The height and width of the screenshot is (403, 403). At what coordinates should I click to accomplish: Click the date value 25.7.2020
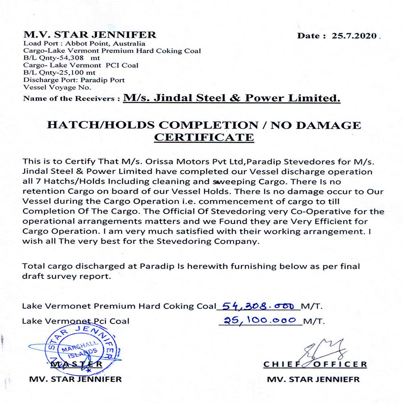pyautogui.click(x=354, y=35)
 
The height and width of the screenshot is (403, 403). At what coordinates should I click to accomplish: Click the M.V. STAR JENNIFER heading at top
pyautogui.click(x=90, y=35)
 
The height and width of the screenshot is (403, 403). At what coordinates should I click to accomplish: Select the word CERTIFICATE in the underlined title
pyautogui.click(x=204, y=137)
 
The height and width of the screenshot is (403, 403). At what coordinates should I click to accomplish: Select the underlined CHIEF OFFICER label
pyautogui.click(x=315, y=364)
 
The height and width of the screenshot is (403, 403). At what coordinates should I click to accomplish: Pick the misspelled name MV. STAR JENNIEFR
pyautogui.click(x=313, y=379)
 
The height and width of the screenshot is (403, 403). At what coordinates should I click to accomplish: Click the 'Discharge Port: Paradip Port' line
pyautogui.click(x=74, y=80)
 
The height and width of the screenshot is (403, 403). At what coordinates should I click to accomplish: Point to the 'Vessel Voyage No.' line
pyautogui.click(x=57, y=87)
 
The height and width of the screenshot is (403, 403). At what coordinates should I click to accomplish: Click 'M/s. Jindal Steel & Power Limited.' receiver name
pyautogui.click(x=232, y=98)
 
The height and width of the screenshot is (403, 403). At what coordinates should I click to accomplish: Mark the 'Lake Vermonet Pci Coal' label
pyautogui.click(x=76, y=321)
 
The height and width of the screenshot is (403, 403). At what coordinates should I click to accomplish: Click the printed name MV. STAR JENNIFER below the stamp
pyautogui.click(x=75, y=379)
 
